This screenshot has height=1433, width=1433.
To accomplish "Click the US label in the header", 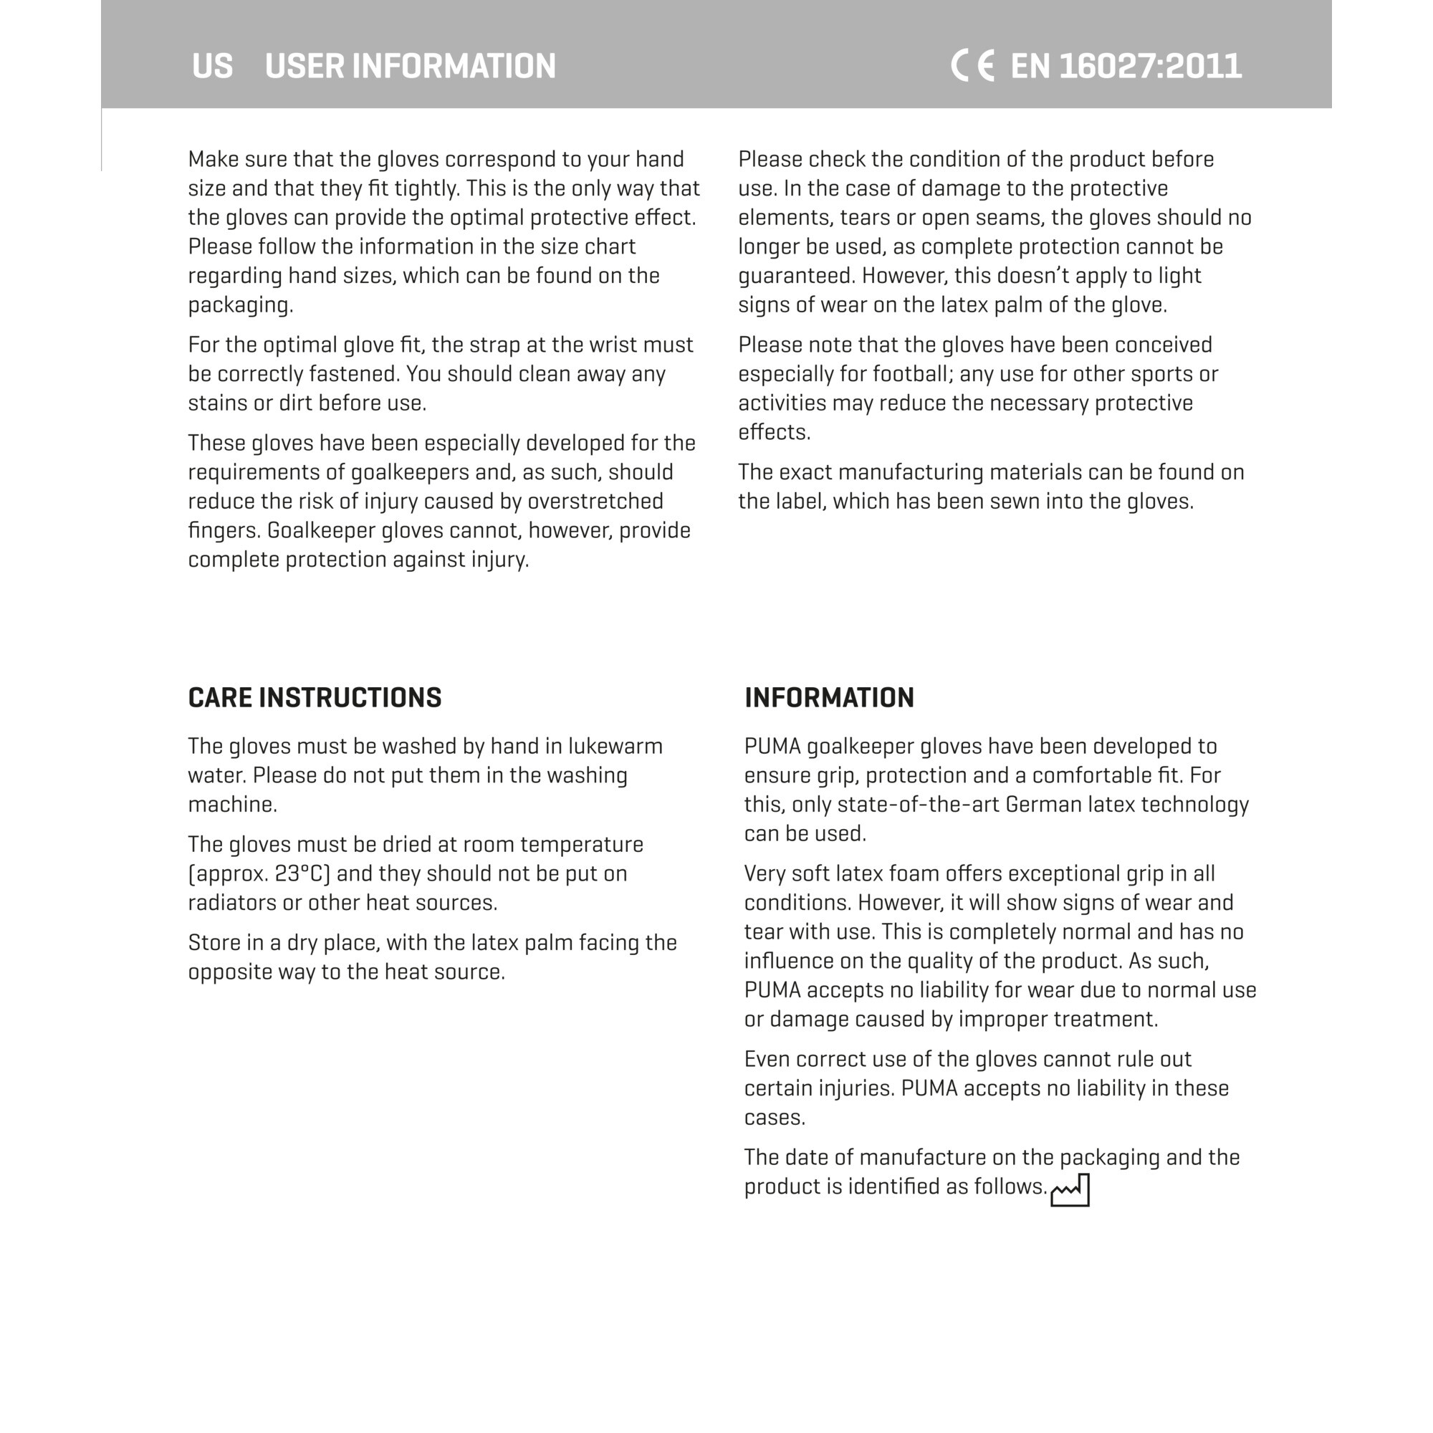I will (212, 66).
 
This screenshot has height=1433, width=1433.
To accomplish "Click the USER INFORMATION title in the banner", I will (410, 66).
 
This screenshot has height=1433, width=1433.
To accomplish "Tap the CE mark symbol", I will (972, 66).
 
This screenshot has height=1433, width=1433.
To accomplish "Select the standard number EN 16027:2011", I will (1126, 66).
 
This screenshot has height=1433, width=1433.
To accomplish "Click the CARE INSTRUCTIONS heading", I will (315, 698).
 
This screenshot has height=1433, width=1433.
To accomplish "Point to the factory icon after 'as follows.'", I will (1070, 1189).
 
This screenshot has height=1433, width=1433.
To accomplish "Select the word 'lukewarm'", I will (615, 746).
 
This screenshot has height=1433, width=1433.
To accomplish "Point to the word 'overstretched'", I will (595, 502).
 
